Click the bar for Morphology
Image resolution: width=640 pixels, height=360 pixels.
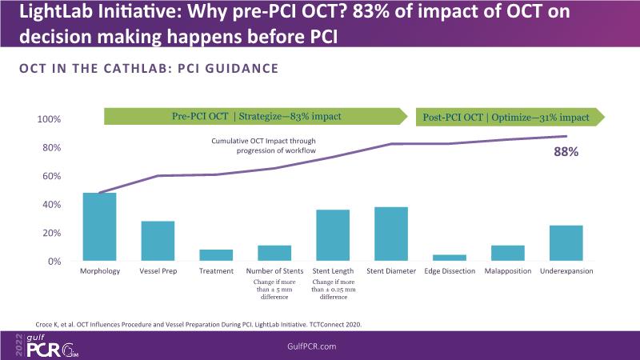coord(100,227)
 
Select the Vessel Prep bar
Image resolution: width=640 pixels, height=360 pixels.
coord(158,241)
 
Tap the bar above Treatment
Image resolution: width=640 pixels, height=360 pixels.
coord(216,255)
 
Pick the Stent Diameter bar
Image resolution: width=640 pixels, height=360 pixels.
coord(391,234)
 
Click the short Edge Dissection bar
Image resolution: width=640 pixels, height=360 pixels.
coord(450,258)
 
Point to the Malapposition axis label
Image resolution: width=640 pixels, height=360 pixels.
coord(508,272)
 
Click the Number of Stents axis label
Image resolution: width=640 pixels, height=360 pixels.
coord(274,272)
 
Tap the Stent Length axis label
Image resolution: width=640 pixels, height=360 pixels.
coord(333,272)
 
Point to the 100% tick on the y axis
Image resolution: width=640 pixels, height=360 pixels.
coord(50,119)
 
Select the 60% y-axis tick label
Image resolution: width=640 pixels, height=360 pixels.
coord(52,176)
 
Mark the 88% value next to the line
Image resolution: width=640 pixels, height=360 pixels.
coord(567,150)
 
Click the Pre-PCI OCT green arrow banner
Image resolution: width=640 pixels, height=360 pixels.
coord(256,117)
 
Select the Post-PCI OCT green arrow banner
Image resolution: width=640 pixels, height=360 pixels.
coord(509,117)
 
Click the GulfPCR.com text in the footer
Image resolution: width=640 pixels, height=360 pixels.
coord(319,346)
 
